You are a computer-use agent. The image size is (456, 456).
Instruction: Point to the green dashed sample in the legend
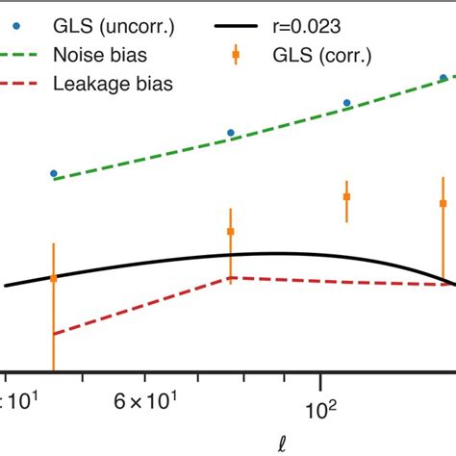pyautogui.click(x=28, y=54)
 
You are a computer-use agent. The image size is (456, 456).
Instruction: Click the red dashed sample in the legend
pyautogui.click(x=28, y=85)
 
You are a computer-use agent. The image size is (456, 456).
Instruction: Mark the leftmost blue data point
pyautogui.click(x=54, y=173)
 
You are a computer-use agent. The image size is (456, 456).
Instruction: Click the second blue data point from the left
pyautogui.click(x=231, y=133)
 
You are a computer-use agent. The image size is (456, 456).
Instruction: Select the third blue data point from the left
pyautogui.click(x=347, y=103)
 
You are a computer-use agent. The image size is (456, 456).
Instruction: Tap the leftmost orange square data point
pyautogui.click(x=54, y=278)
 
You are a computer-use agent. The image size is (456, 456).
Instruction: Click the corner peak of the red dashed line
pyautogui.click(x=231, y=278)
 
